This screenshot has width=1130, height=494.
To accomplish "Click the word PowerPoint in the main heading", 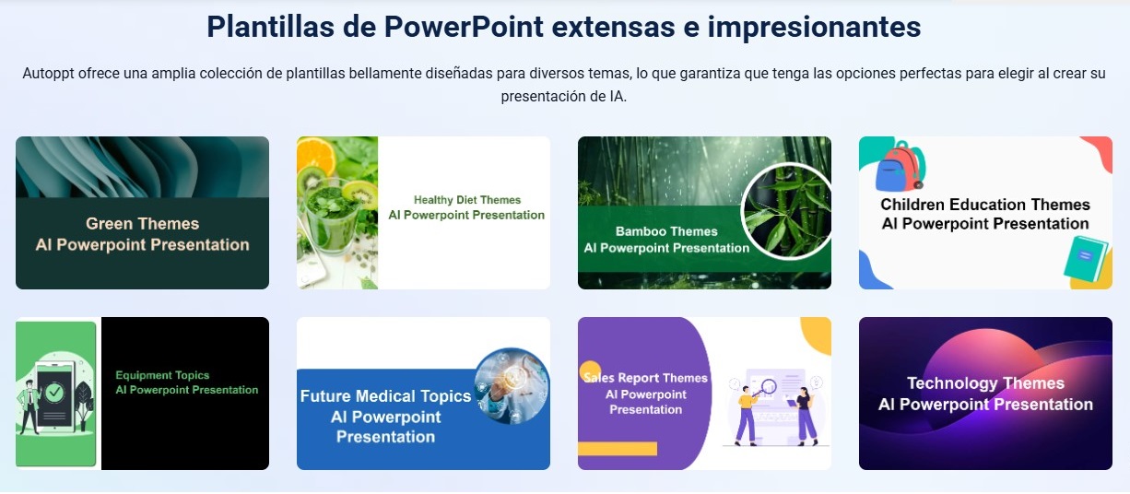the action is (464, 27).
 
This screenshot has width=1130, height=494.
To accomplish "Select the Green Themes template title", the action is (142, 224).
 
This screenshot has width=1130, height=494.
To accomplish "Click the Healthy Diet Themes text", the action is (467, 200).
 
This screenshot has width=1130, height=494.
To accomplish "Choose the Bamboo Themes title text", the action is (666, 231).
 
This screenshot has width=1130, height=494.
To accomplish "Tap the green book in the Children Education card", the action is (1085, 258).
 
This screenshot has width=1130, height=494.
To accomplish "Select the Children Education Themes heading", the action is (985, 205).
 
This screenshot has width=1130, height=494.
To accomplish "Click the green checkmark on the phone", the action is (54, 392).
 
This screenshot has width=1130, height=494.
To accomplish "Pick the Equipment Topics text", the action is (162, 375).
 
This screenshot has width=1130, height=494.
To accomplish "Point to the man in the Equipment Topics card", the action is (29, 407).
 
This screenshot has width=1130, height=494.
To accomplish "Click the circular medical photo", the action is (512, 385).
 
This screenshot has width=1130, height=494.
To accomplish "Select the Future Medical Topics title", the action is (385, 396).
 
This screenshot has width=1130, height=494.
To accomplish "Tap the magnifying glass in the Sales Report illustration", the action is (766, 388).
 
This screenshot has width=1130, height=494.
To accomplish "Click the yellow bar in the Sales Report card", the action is (618, 449).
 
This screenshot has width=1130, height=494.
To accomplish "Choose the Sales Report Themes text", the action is (646, 378).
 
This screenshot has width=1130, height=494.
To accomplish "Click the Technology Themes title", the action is (985, 383).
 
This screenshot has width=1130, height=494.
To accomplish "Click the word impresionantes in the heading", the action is (814, 27).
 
